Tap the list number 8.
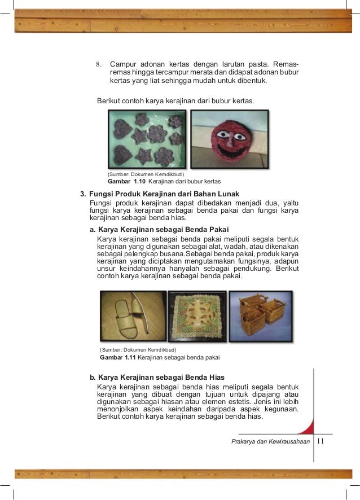tap(98, 64)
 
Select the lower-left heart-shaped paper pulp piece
tap(122, 154)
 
